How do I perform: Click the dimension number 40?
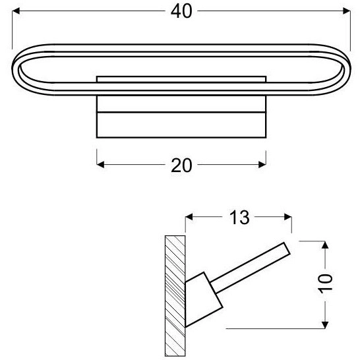[181, 11]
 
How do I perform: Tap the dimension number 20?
[181, 165]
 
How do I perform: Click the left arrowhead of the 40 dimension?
[18, 11]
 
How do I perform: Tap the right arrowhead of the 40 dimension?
[344, 11]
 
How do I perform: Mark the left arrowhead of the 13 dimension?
[190, 217]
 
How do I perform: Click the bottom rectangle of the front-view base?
[181, 125]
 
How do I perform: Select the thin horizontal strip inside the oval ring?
[181, 79]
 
